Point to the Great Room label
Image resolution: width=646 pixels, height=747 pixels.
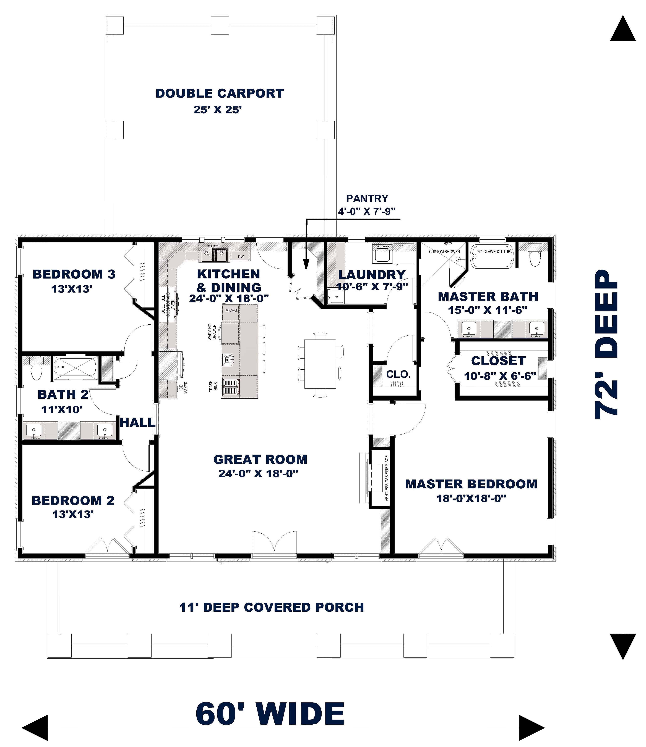(x=260, y=460)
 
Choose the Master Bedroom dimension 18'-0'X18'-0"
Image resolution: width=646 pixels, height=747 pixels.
(x=471, y=499)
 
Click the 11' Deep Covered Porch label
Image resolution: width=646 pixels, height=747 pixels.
(x=271, y=608)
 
